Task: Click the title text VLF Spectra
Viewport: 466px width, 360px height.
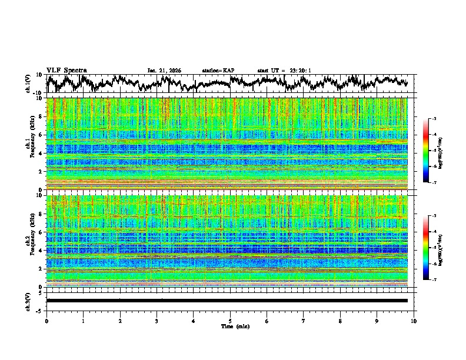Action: click(x=66, y=70)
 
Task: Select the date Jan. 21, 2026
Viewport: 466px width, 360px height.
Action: click(x=164, y=71)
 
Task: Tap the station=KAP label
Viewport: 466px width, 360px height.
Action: click(x=218, y=71)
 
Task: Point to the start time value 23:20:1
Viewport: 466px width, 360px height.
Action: click(x=299, y=71)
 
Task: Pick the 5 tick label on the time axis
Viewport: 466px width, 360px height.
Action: click(x=230, y=321)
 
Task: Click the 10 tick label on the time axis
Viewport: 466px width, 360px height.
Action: click(x=414, y=321)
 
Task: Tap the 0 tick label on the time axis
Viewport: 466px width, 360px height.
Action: click(x=46, y=321)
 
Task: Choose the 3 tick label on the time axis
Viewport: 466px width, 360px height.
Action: click(x=157, y=321)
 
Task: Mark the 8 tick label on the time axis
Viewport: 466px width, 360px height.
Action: click(x=340, y=321)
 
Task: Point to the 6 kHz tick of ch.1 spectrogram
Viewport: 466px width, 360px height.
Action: click(x=42, y=135)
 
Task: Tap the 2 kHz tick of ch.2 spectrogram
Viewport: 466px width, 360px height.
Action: click(x=42, y=269)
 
